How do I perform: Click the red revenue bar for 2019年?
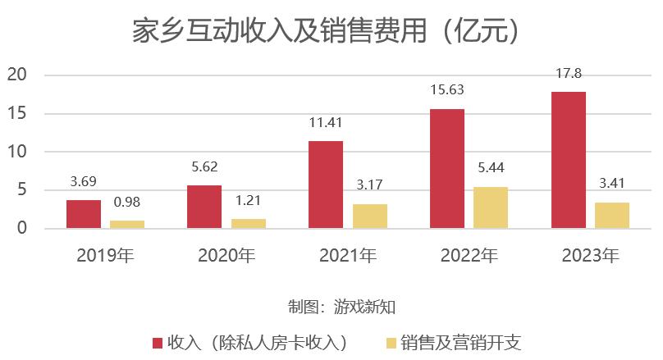coord(84,214)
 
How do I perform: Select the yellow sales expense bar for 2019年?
coord(127,224)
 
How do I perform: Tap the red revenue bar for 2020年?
coord(204,207)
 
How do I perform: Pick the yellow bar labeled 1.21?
coord(248,223)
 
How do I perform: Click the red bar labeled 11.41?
coord(326,185)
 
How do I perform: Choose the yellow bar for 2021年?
coord(369,216)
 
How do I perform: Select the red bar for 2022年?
coord(447,168)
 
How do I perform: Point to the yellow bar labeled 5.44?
coord(491,207)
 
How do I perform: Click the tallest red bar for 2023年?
coord(569,160)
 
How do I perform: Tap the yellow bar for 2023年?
coord(612,215)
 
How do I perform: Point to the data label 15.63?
coord(447,90)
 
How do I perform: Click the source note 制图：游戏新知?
coord(331,307)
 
